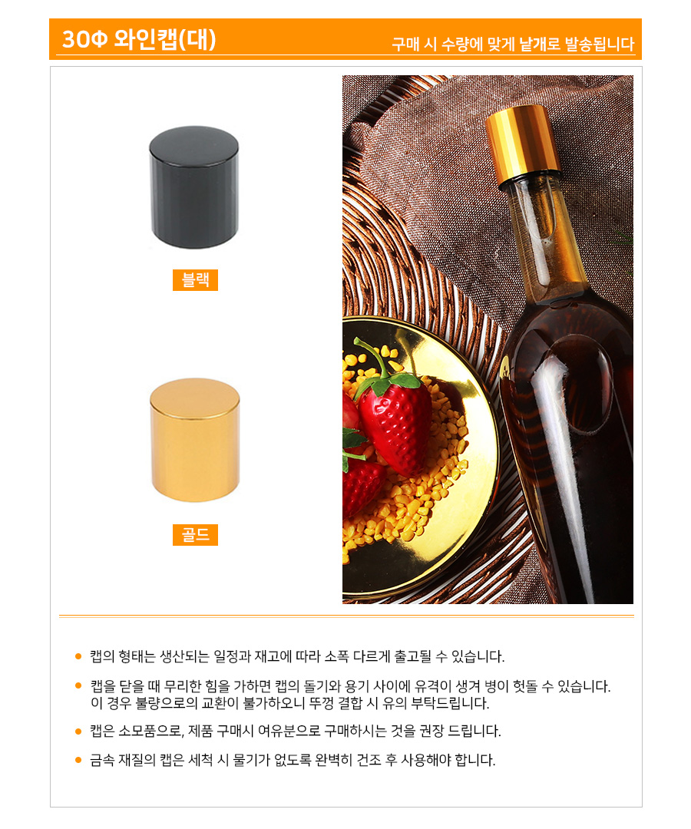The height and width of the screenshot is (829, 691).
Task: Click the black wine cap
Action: point(194,187)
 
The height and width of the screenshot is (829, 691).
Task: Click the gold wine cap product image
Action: point(194,440)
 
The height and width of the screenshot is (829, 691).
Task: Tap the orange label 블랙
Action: point(195,279)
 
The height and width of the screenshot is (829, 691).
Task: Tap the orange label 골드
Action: point(195,534)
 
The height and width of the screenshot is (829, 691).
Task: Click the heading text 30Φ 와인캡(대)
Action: point(139,39)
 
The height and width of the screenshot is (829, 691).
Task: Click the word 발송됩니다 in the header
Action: point(600,44)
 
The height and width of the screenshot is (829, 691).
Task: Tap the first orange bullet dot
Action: point(78,656)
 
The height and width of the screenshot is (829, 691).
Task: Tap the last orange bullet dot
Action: point(78,760)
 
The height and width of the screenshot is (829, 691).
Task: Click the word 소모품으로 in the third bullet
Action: point(150,732)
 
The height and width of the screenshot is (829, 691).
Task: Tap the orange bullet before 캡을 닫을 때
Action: point(78,686)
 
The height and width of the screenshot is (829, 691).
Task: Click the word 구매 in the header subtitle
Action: point(405,44)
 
